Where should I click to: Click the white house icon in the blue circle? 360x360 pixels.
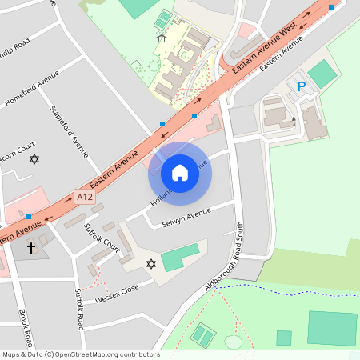click(x=180, y=173)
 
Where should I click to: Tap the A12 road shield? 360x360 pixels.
click(x=84, y=196)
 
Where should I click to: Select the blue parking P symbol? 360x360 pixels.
click(x=302, y=86)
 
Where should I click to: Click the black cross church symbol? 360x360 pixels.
click(x=31, y=247)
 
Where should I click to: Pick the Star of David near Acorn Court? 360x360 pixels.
click(x=34, y=159)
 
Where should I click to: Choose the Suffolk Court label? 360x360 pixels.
click(x=102, y=238)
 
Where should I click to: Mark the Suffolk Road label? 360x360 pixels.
click(x=80, y=309)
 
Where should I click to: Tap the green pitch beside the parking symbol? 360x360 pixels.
click(x=323, y=74)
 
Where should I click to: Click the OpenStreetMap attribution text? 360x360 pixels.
click(x=80, y=354)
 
